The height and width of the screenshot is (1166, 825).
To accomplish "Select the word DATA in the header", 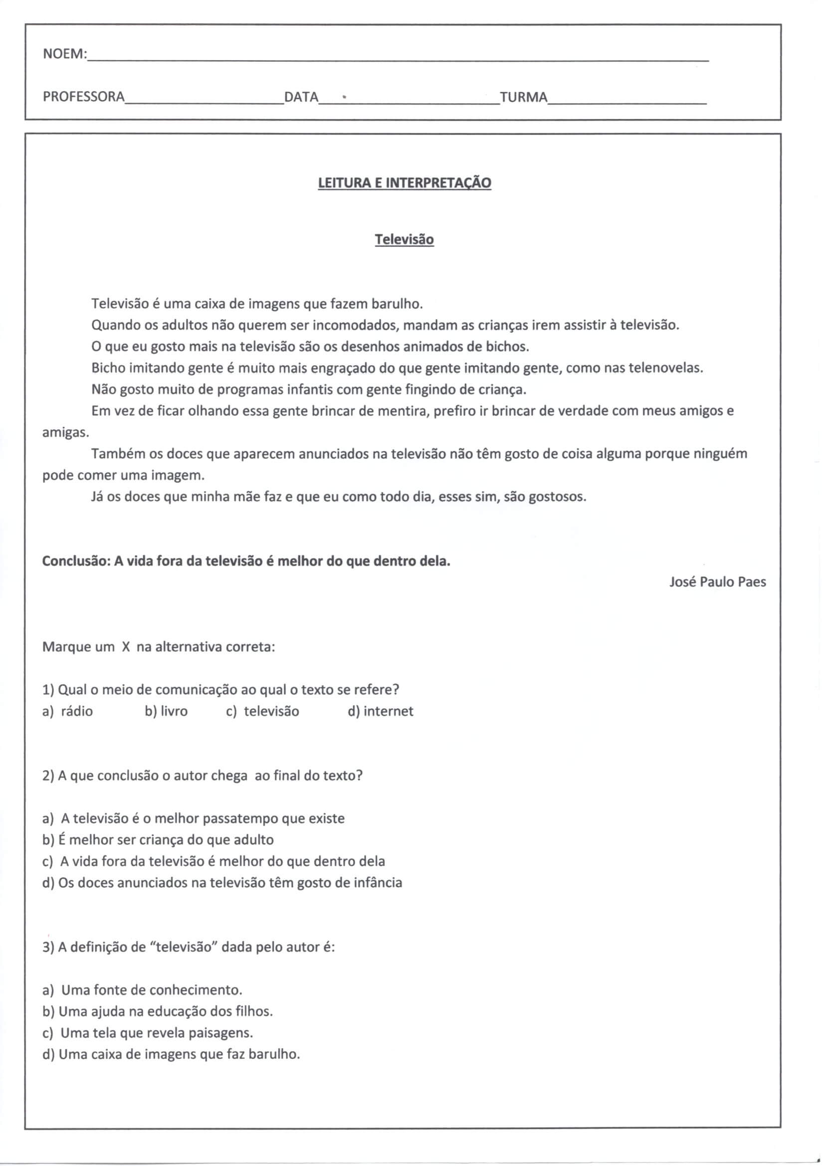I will click(x=301, y=97).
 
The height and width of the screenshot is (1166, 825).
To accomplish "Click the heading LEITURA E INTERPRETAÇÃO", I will click(x=405, y=183).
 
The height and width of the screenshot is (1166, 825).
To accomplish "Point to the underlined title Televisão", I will click(x=405, y=240).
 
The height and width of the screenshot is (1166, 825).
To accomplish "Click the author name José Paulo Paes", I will click(x=717, y=582).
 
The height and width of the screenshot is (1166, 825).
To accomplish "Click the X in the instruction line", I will click(x=127, y=647).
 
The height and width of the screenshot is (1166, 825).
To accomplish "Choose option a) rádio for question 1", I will click(x=67, y=712).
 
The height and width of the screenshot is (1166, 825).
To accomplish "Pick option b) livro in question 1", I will click(x=166, y=712).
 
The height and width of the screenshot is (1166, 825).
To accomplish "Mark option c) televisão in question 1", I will click(x=263, y=712).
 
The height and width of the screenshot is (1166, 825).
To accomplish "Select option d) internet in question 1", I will click(x=381, y=712).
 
